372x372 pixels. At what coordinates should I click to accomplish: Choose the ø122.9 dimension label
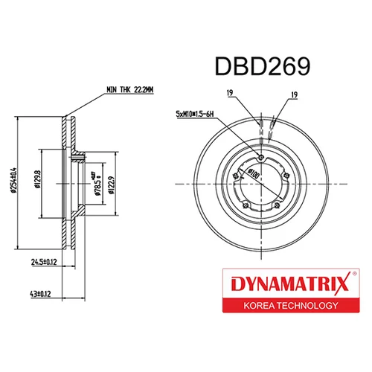point(110,182)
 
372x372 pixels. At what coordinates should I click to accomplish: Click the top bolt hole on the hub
point(260,155)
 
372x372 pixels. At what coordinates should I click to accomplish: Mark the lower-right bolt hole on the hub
point(276,205)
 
